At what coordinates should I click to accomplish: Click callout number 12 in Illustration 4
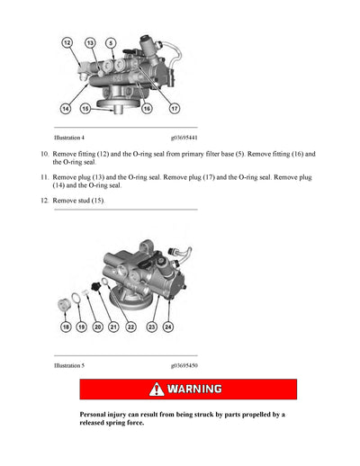coord(67,42)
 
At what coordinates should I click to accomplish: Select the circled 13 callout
coord(91,42)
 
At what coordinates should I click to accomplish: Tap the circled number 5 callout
coord(110,42)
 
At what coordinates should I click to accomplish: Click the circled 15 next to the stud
coord(85,108)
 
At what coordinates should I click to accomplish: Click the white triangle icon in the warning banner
coord(157,390)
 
